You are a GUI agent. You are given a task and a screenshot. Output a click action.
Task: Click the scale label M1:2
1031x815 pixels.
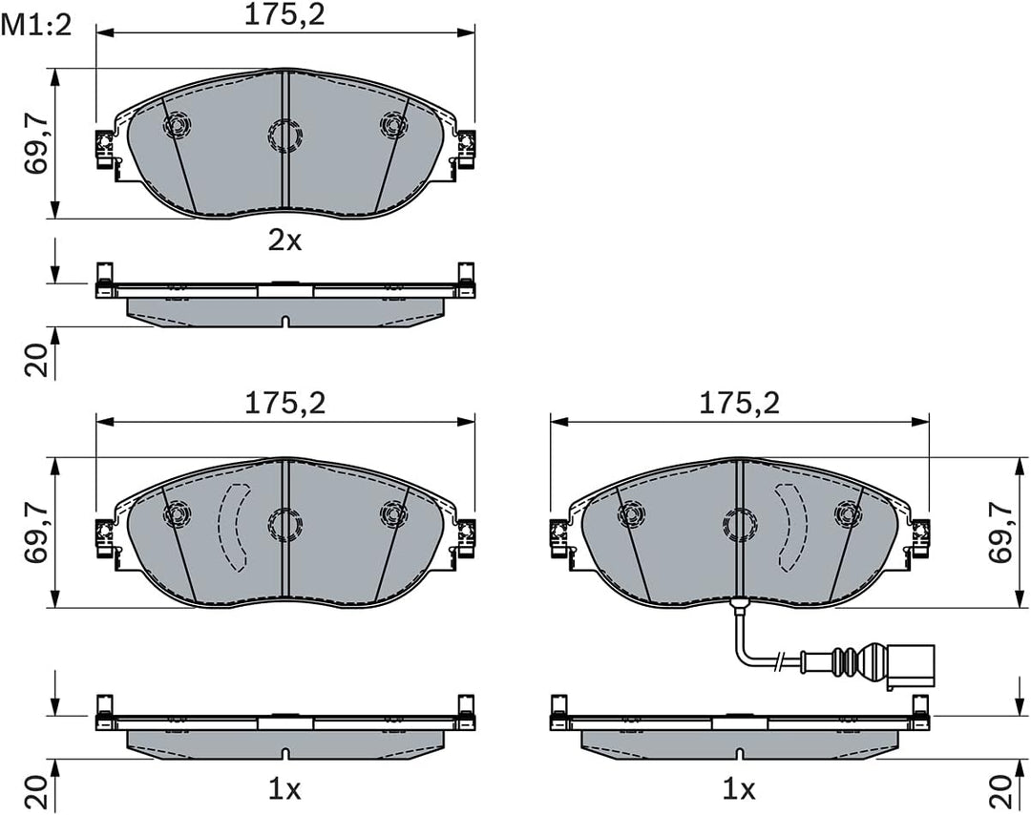point(36,27)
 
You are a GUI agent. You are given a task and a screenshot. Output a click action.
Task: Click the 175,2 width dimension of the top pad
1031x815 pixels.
point(284,16)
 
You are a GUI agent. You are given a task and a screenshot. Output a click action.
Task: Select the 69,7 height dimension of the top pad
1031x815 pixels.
point(37,143)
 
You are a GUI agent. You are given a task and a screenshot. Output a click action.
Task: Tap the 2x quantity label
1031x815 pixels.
point(284,241)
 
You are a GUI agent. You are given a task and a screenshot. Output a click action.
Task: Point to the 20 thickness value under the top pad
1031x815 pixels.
point(37,360)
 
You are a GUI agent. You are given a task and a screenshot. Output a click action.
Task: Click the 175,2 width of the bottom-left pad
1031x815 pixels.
point(284,403)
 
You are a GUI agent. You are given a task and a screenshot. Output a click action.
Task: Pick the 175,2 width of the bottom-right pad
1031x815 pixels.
point(739,403)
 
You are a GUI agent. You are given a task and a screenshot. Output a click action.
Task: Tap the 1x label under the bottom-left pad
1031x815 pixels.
point(284,789)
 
